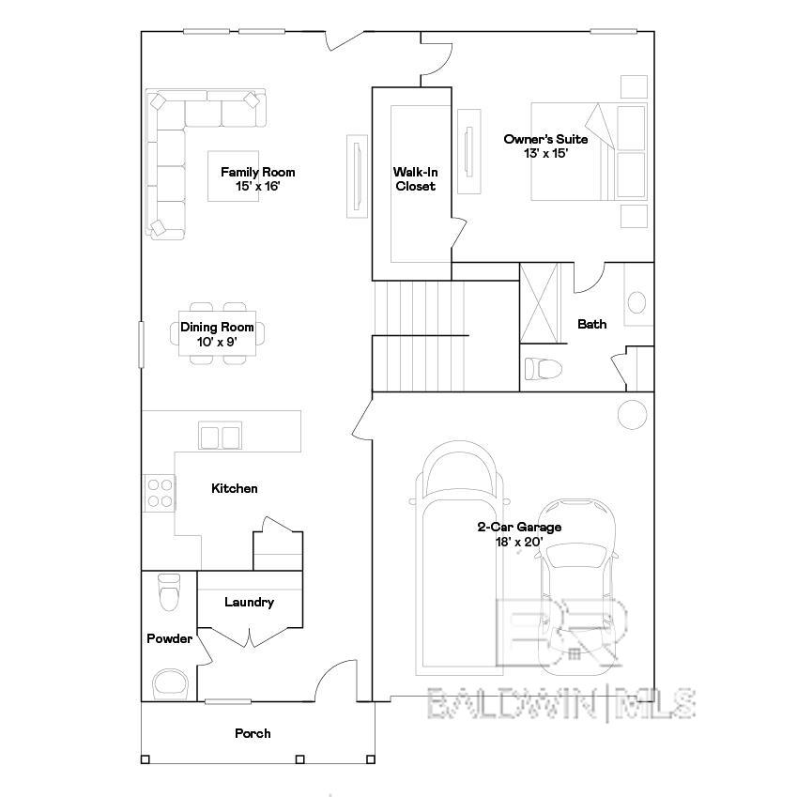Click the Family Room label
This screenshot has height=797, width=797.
[257, 178]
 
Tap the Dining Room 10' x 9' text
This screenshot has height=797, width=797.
[217, 334]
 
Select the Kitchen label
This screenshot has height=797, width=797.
[234, 488]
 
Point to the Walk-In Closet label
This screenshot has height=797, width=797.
[415, 178]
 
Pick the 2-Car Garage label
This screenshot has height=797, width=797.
[519, 533]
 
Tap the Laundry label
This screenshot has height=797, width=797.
[249, 602]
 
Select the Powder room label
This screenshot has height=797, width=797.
[169, 638]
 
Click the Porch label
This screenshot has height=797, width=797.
[253, 732]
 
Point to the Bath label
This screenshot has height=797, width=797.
[591, 324]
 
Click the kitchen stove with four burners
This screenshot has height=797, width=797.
[160, 492]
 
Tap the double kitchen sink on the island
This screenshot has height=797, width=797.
[221, 437]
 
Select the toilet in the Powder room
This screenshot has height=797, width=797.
[169, 591]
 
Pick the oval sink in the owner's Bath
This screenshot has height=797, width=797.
[636, 302]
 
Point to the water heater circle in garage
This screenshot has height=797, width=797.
[632, 413]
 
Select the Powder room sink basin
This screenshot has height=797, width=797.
[170, 682]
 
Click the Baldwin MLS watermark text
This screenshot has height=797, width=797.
[560, 702]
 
